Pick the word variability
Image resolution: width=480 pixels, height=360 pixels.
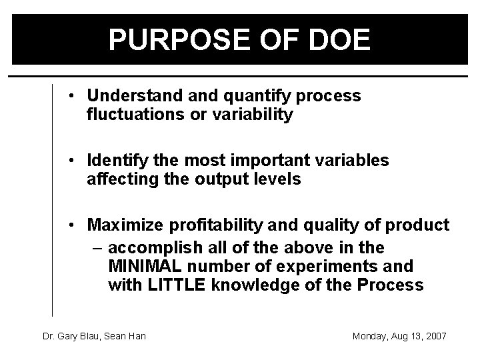[253, 115]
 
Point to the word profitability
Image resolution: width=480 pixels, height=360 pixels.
[208, 225]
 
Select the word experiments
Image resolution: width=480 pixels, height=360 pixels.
[326, 267]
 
